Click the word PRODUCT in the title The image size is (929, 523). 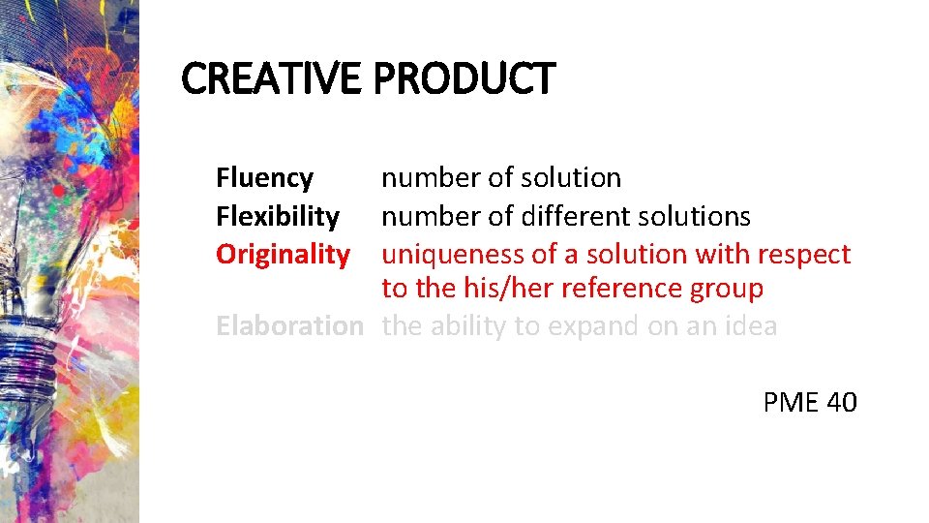pyautogui.click(x=464, y=78)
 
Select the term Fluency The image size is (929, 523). pyautogui.click(x=264, y=178)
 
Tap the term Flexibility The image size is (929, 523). pyautogui.click(x=277, y=216)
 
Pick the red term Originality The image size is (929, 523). pyautogui.click(x=283, y=254)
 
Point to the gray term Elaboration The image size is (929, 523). pyautogui.click(x=288, y=325)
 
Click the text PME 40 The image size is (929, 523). pyautogui.click(x=809, y=402)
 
